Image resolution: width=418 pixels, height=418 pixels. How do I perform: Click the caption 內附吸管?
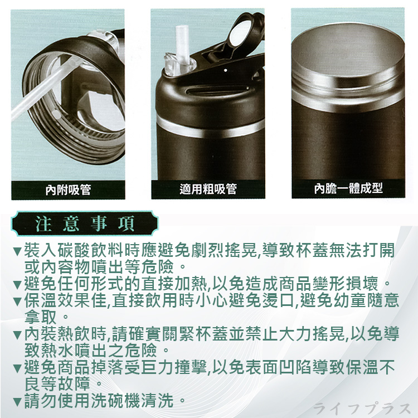[68, 190]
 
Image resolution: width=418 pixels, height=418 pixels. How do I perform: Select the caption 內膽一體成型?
[348, 188]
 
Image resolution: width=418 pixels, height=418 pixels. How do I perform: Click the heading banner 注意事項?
[84, 223]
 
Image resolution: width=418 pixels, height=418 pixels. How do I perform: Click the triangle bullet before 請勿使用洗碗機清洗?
[17, 401]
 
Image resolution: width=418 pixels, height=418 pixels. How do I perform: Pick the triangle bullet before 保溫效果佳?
[17, 302]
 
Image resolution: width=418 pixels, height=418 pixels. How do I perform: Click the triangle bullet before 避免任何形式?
[17, 282]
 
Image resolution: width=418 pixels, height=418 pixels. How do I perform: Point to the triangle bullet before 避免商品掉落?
[17, 369]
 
